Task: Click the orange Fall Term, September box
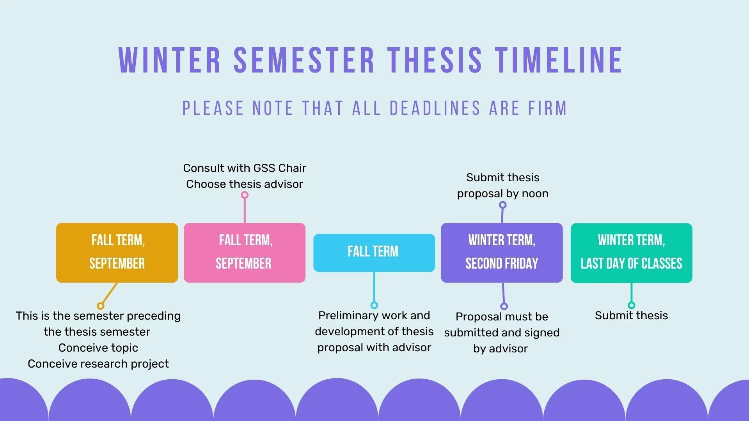pyautogui.click(x=117, y=253)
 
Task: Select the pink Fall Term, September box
pyautogui.click(x=245, y=253)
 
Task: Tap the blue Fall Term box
pyautogui.click(x=374, y=253)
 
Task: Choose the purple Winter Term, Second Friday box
pyautogui.click(x=502, y=253)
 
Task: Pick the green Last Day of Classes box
pyautogui.click(x=632, y=253)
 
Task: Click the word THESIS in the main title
pyautogui.click(x=435, y=60)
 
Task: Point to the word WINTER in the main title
pyautogui.click(x=170, y=60)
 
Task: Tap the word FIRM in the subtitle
pyautogui.click(x=547, y=108)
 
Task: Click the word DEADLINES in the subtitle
pyautogui.click(x=435, y=108)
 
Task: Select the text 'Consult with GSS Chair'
pyautogui.click(x=245, y=168)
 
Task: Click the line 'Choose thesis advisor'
pyautogui.click(x=245, y=184)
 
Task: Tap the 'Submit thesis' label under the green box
pyautogui.click(x=631, y=315)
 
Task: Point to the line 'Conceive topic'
pyautogui.click(x=98, y=348)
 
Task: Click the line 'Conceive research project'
pyautogui.click(x=98, y=364)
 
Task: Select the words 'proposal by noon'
pyautogui.click(x=503, y=194)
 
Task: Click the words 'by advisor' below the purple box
pyautogui.click(x=501, y=348)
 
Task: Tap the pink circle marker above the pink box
pyautogui.click(x=245, y=195)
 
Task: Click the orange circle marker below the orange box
pyautogui.click(x=101, y=306)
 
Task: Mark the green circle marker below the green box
pyautogui.click(x=632, y=305)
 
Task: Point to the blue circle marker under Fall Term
pyautogui.click(x=374, y=305)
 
